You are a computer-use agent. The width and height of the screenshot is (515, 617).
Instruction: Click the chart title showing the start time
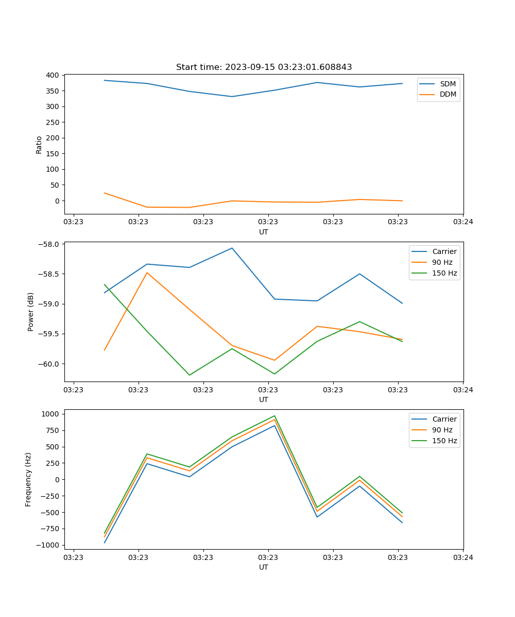tap(264, 67)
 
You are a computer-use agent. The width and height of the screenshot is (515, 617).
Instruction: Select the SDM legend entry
tap(448, 84)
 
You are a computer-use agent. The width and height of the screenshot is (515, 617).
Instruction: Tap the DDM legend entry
tap(448, 95)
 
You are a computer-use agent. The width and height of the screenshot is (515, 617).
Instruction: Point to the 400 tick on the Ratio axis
tap(51, 75)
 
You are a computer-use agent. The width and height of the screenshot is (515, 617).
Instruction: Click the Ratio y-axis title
tap(39, 144)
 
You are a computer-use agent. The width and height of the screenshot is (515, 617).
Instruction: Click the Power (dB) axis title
tap(31, 312)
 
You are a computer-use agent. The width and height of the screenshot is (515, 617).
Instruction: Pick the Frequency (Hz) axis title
tap(29, 479)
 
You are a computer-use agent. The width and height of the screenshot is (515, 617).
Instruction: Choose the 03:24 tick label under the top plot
tap(463, 222)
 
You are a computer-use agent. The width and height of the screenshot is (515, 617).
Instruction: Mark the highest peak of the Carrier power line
tap(232, 248)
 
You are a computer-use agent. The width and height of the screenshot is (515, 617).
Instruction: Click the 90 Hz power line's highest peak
tap(147, 273)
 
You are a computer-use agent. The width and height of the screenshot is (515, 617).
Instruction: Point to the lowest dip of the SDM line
tap(232, 97)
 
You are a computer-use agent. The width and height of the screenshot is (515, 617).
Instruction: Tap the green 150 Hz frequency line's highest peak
tap(274, 416)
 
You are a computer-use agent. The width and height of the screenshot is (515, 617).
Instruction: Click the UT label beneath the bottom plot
tap(264, 567)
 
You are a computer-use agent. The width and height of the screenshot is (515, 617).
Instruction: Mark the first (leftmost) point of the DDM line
tap(105, 193)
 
